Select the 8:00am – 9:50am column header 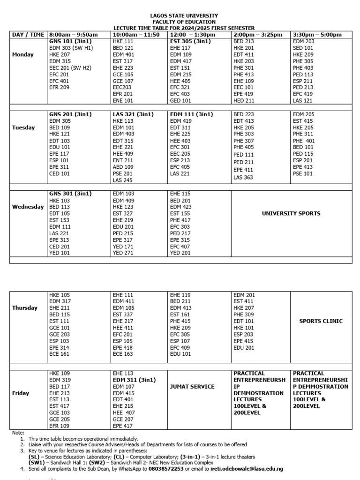73,35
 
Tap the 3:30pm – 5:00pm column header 317,35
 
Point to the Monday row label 23,54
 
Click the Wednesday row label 28,207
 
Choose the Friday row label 21,393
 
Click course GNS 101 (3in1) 70,41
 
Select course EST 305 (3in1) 190,41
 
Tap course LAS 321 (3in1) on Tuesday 133,114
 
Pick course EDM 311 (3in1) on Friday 135,380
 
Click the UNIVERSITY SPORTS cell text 291,213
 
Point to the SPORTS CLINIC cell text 321,321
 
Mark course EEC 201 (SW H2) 70,67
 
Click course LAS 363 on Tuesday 243,178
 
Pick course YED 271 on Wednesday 123,253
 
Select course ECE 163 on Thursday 122,354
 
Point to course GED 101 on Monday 180,100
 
